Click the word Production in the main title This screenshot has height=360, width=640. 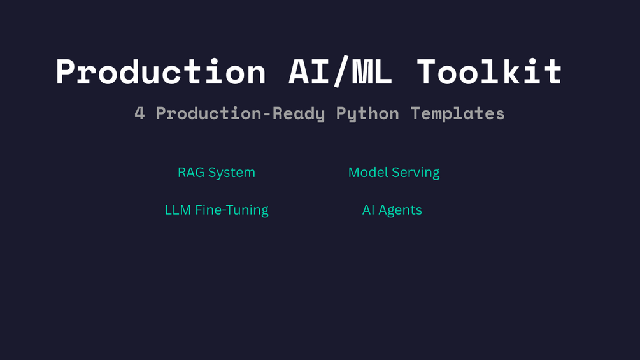(x=160, y=71)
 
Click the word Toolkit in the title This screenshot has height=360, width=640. (x=489, y=71)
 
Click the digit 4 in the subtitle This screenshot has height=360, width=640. (x=140, y=113)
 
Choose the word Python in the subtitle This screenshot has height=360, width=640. (x=367, y=113)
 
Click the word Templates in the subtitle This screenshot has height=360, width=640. (x=457, y=113)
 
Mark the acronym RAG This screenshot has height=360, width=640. (x=191, y=173)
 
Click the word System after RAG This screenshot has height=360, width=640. (x=232, y=173)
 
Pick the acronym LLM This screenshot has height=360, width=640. (x=178, y=210)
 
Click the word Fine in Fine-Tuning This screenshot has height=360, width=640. (x=208, y=210)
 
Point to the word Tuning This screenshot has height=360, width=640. (x=247, y=210)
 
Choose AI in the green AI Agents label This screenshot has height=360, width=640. (x=369, y=210)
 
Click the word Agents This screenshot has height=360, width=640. (x=401, y=210)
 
